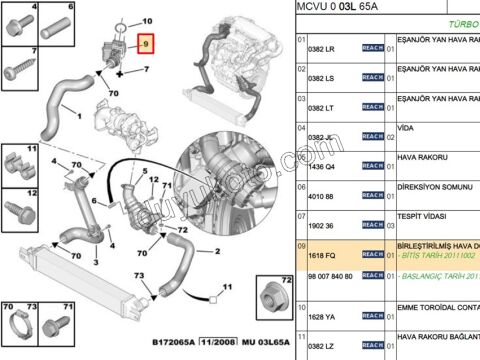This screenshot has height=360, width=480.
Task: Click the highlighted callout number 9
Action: pos(145,45)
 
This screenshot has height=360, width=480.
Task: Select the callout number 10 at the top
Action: pos(147,20)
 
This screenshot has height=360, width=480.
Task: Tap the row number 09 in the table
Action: pos(301,246)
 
